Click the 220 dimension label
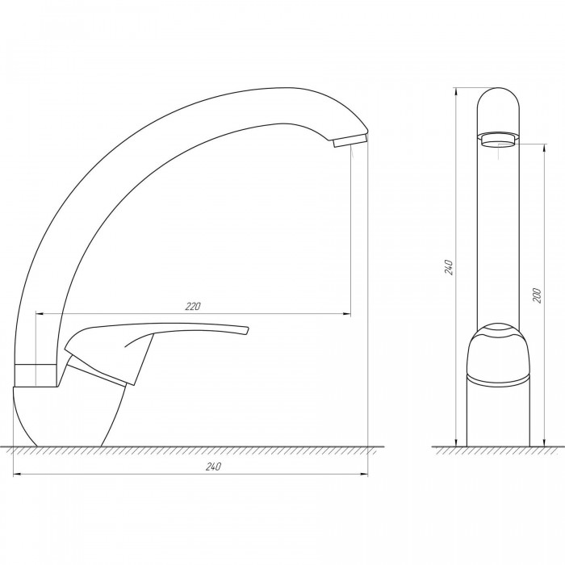tap(193, 306)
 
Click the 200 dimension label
tap(537, 295)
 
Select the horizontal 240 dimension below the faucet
tap(190, 475)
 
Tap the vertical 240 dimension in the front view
tap(456, 267)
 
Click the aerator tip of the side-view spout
tap(349, 140)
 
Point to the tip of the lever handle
tap(246, 331)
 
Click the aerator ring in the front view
tap(498, 140)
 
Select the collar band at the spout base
tap(36, 375)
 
